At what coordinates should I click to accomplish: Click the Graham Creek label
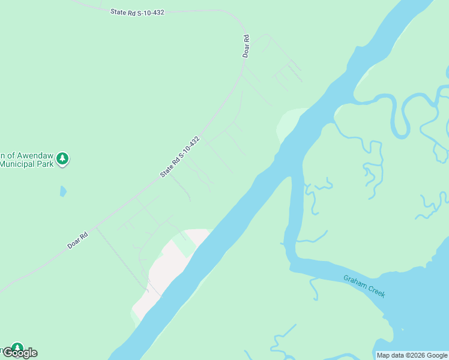pyautogui.click(x=364, y=286)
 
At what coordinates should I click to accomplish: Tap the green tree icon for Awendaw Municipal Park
pyautogui.click(x=62, y=159)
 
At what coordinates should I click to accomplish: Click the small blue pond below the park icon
pyautogui.click(x=63, y=191)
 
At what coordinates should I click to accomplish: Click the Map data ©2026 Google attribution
pyautogui.click(x=412, y=355)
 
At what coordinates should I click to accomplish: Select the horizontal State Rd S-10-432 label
pyautogui.click(x=137, y=11)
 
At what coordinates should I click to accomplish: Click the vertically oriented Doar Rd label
pyautogui.click(x=246, y=46)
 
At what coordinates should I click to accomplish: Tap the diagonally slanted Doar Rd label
pyautogui.click(x=77, y=240)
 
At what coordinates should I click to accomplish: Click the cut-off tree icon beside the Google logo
pyautogui.click(x=16, y=347)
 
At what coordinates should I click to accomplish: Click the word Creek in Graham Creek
pyautogui.click(x=375, y=290)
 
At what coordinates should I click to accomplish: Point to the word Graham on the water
pyautogui.click(x=354, y=282)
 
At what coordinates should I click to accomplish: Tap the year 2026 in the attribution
pyautogui.click(x=417, y=355)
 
